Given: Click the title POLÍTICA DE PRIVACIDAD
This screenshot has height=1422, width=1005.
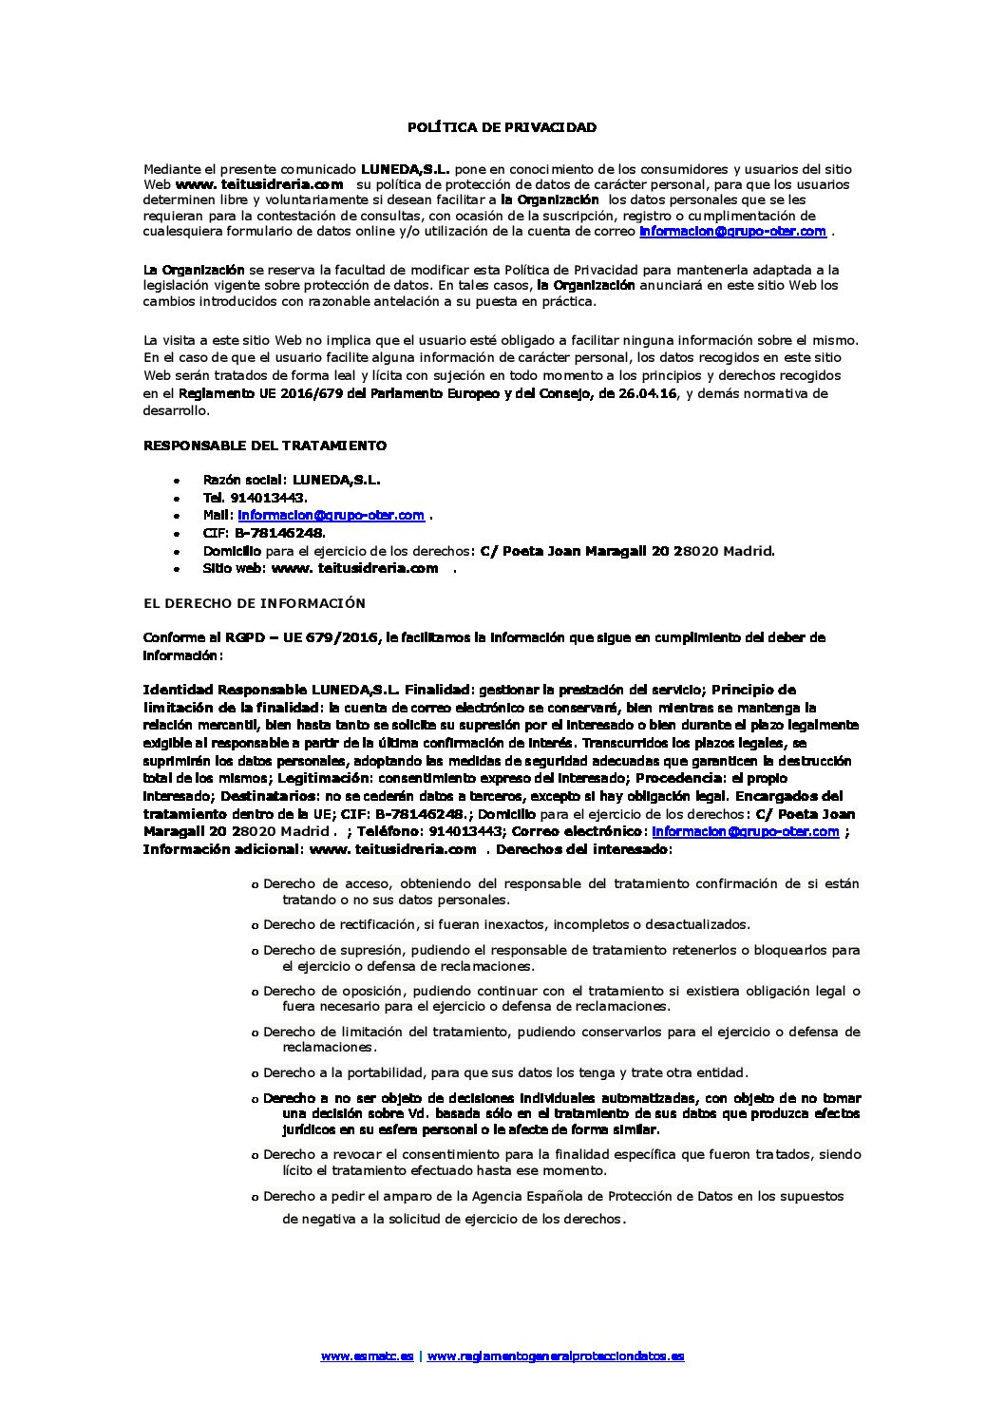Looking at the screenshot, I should coord(502,126).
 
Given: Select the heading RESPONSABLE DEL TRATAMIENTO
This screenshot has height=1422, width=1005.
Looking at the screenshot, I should coord(264,445).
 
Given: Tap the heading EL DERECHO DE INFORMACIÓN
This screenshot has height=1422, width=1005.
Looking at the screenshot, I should coord(254,602).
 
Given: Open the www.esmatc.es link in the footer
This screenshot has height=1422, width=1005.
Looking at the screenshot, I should coord(367,1356).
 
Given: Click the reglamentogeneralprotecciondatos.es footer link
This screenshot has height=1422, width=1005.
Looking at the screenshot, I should coord(555,1356).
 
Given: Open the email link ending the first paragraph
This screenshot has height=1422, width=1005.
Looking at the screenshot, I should coord(732,231).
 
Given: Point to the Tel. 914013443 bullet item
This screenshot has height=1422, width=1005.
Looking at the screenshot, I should coord(255,497).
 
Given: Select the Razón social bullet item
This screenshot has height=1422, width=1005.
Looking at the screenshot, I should coord(292,480).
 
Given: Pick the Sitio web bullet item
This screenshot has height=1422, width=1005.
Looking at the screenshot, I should coord(320,568).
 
